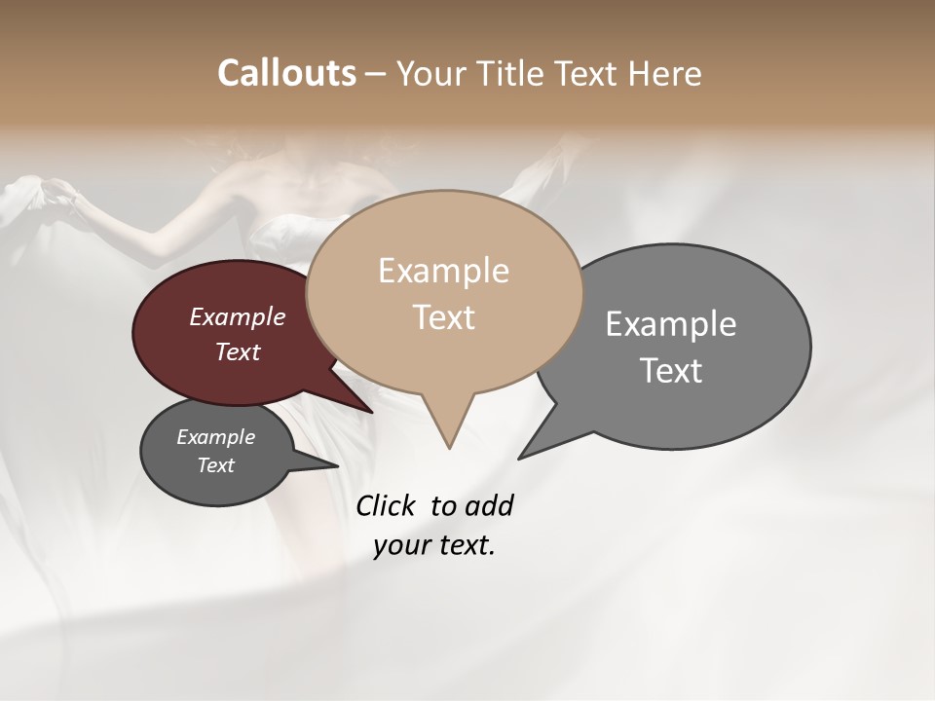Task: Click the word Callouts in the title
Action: (x=286, y=73)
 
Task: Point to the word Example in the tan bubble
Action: (x=443, y=271)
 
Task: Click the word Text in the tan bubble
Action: (x=443, y=317)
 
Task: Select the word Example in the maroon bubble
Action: (x=238, y=316)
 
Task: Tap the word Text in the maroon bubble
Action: (x=238, y=351)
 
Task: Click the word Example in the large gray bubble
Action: (x=671, y=323)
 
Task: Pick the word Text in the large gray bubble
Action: (x=671, y=371)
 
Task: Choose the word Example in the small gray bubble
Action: (x=215, y=437)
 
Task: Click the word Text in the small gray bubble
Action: (x=215, y=465)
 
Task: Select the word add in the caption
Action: (x=488, y=505)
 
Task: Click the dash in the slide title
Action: (x=376, y=74)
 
